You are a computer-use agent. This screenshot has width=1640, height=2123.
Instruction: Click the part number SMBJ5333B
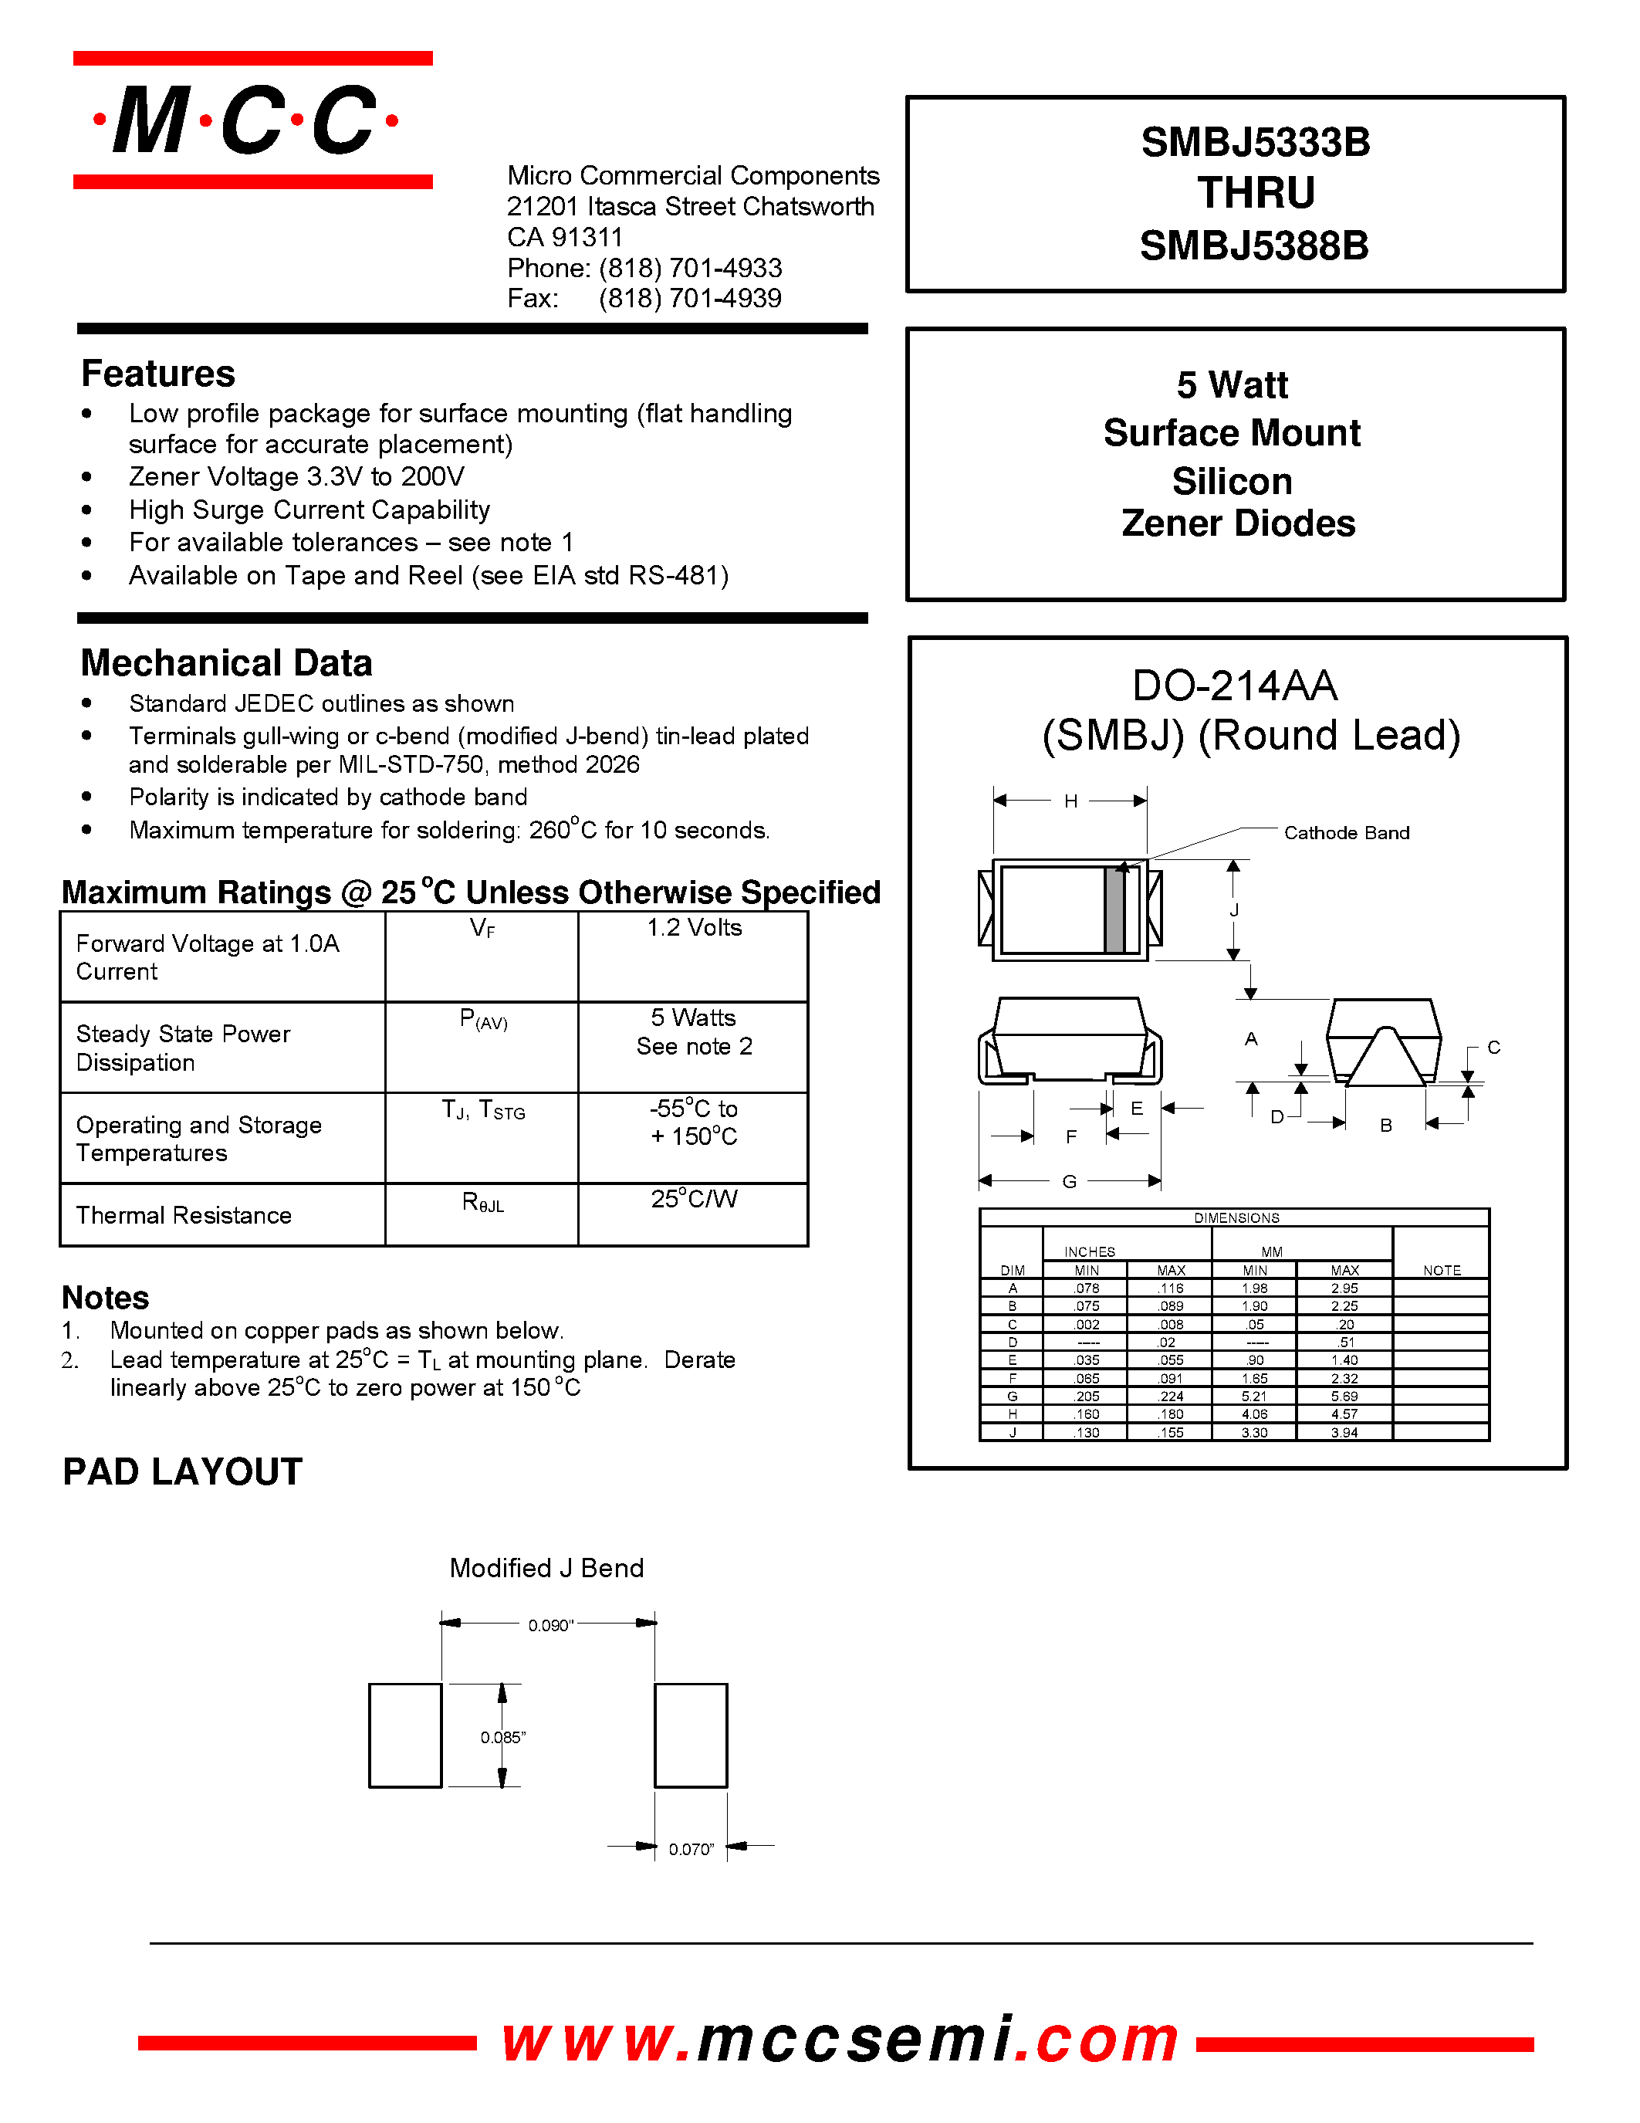pos(1254,143)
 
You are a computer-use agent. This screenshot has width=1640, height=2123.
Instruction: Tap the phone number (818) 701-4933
pos(690,269)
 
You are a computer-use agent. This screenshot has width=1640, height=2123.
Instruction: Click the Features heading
pos(157,374)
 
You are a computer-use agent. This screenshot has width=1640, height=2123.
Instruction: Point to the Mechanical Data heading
pos(226,663)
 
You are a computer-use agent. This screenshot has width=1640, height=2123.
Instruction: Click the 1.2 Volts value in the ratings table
pos(694,928)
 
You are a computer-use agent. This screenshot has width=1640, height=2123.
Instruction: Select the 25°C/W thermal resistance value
pos(694,1200)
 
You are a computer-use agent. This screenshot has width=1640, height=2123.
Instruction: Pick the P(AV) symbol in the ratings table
pos(483,1020)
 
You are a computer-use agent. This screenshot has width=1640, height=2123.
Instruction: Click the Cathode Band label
pos(1346,833)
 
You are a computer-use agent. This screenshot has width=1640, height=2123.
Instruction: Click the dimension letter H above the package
pos(1070,801)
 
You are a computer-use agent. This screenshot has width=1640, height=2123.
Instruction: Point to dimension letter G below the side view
pos(1069,1181)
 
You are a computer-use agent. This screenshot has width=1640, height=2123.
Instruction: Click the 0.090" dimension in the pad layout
pos(550,1625)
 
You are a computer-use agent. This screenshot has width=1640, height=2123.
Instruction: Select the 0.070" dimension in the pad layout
pos(691,1849)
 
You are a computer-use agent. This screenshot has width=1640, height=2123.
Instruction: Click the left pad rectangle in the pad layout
pos(405,1735)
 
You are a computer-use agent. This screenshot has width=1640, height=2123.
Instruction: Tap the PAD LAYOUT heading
pos(183,1471)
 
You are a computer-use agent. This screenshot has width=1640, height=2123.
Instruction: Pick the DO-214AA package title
pos(1234,686)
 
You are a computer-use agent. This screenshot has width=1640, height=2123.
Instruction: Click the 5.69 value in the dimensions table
pos(1344,1397)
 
